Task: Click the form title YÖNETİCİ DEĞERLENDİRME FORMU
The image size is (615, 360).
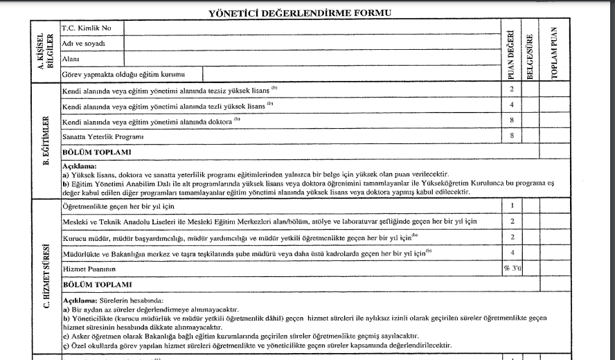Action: [x=299, y=13]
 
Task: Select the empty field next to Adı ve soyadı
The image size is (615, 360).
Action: [x=312, y=43]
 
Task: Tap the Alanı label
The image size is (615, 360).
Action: [x=71, y=59]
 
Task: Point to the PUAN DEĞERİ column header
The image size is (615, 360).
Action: [x=511, y=52]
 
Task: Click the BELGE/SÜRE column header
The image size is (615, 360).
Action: [x=530, y=52]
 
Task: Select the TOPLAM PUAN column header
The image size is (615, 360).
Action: [x=554, y=52]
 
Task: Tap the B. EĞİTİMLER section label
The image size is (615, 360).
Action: [x=44, y=143]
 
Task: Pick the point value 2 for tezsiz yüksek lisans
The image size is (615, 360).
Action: [x=511, y=91]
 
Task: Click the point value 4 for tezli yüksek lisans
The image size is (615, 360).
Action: [x=511, y=106]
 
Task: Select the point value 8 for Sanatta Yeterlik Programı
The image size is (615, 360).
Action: [x=511, y=136]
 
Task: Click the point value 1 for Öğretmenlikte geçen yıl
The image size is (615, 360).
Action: [x=511, y=206]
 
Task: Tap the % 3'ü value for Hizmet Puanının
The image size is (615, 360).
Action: [x=511, y=269]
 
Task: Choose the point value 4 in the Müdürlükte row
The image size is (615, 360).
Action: [x=511, y=253]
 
